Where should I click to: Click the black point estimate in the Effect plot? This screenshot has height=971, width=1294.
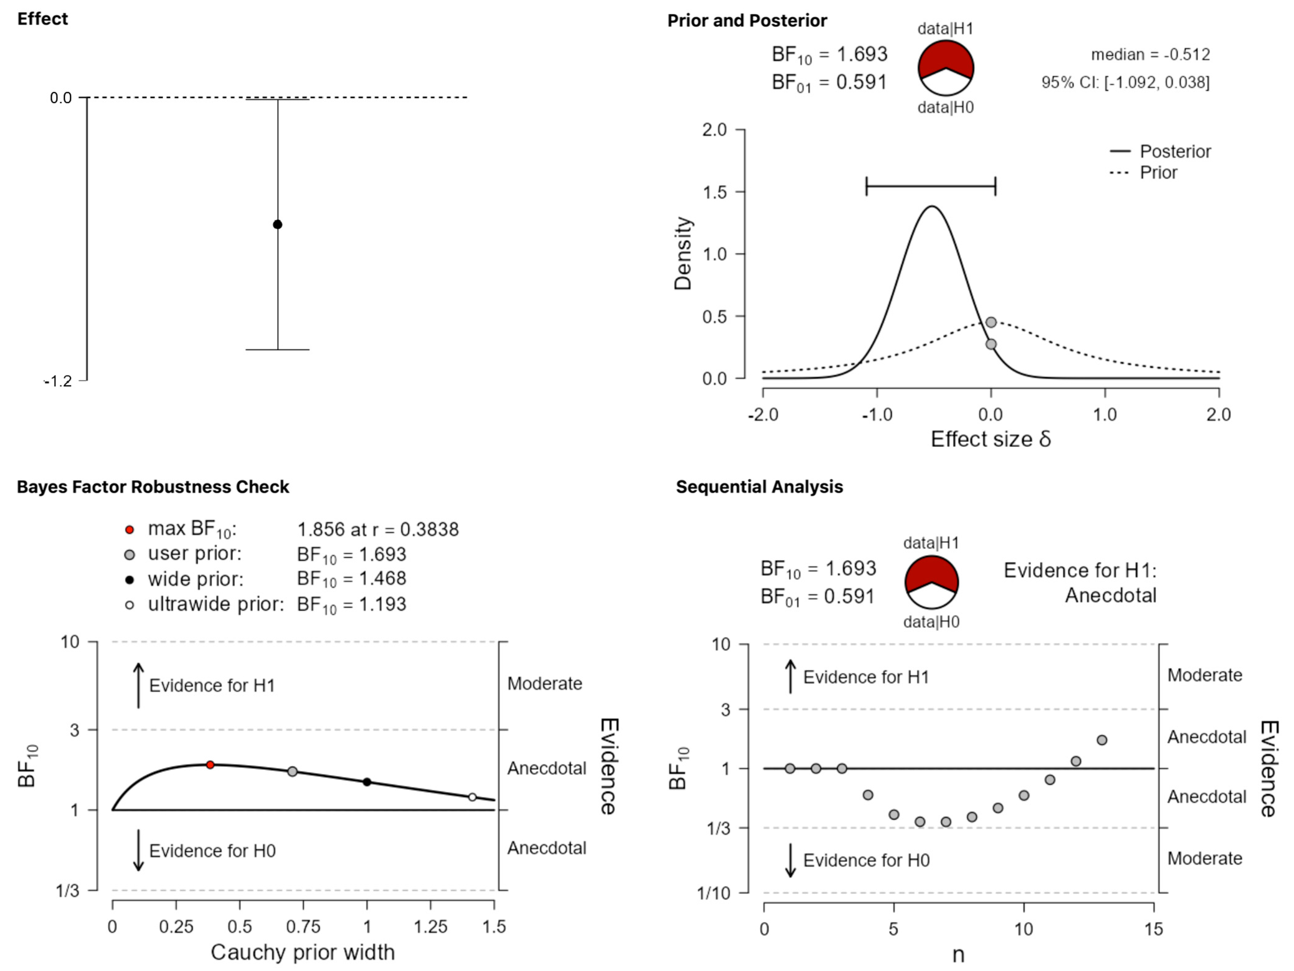tap(277, 224)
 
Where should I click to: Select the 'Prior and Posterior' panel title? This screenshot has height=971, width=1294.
tap(747, 21)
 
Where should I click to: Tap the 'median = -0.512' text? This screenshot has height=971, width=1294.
tap(1150, 54)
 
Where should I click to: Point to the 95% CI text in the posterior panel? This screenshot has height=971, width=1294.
tap(1125, 82)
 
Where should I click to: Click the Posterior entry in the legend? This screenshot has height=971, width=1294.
tap(1175, 152)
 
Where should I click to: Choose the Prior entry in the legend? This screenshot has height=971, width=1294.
tap(1158, 172)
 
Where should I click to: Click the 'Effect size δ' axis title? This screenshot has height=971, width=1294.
tap(990, 439)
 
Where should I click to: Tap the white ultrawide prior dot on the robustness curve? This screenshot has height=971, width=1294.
tap(472, 797)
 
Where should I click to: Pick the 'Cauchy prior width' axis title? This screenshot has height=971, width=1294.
tap(302, 952)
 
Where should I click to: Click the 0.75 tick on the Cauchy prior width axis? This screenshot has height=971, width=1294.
tap(303, 926)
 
